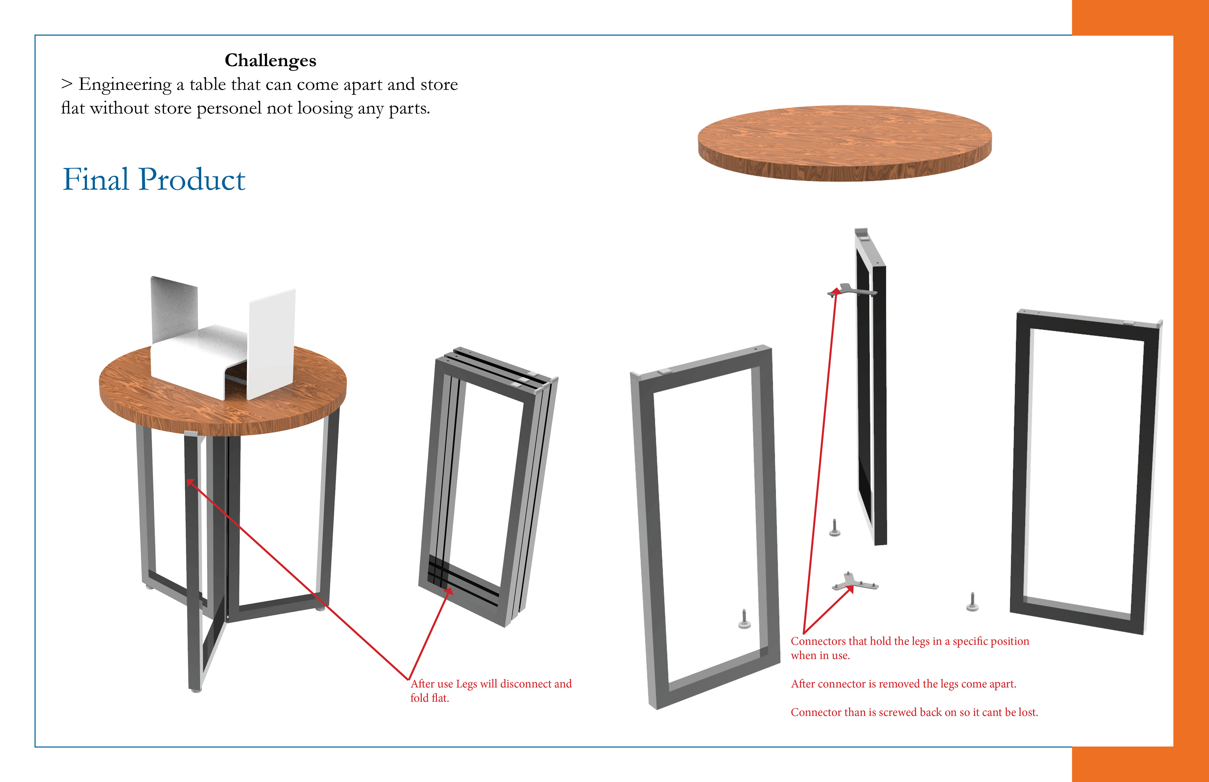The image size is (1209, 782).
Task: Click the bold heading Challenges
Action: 270,60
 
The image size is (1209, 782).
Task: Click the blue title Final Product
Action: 154,179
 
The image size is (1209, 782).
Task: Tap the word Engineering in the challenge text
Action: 125,84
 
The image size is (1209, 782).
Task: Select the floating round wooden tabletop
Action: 844,143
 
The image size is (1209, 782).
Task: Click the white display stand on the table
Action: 224,338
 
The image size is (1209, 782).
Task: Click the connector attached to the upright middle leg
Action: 854,290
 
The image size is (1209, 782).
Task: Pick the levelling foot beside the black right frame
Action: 972,602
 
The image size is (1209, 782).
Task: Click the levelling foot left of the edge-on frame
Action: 834,528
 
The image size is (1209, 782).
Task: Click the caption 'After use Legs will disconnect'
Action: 491,684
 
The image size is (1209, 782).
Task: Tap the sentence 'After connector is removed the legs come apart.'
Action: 904,684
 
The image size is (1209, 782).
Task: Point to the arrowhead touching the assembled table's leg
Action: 190,482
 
